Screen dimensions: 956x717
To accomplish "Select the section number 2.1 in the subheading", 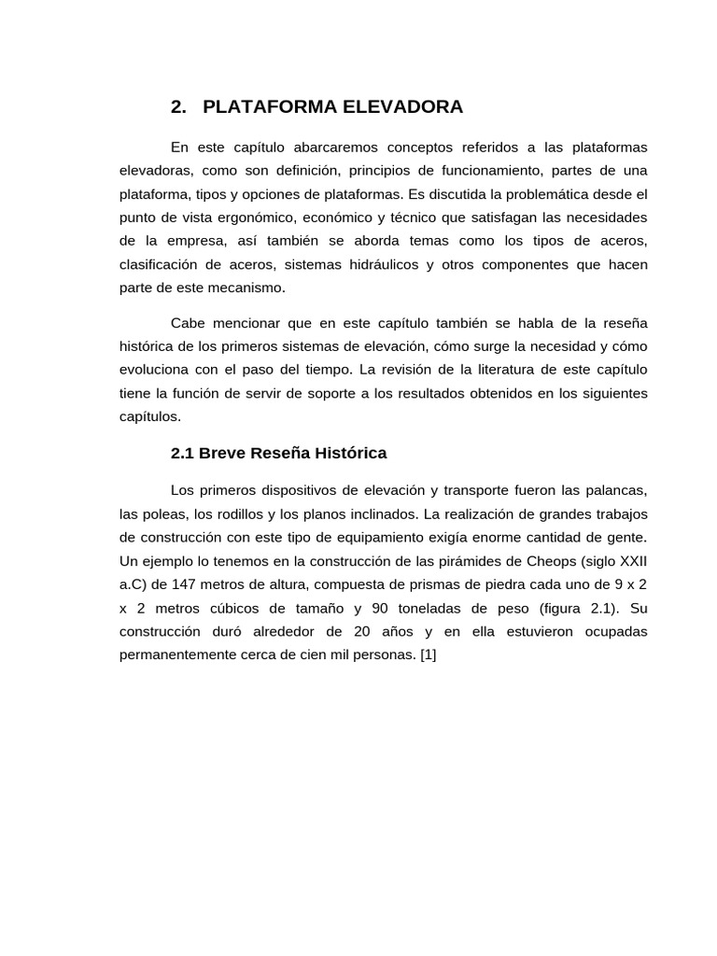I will coord(182,453).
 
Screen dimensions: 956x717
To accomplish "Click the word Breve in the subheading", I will coord(222,453).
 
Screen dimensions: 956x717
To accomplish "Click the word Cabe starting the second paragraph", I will coord(188,323).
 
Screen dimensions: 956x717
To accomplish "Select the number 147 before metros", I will coord(185,584).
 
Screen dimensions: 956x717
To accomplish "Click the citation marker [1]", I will coord(428,654).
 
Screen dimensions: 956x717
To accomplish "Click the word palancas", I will coord(615,491).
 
